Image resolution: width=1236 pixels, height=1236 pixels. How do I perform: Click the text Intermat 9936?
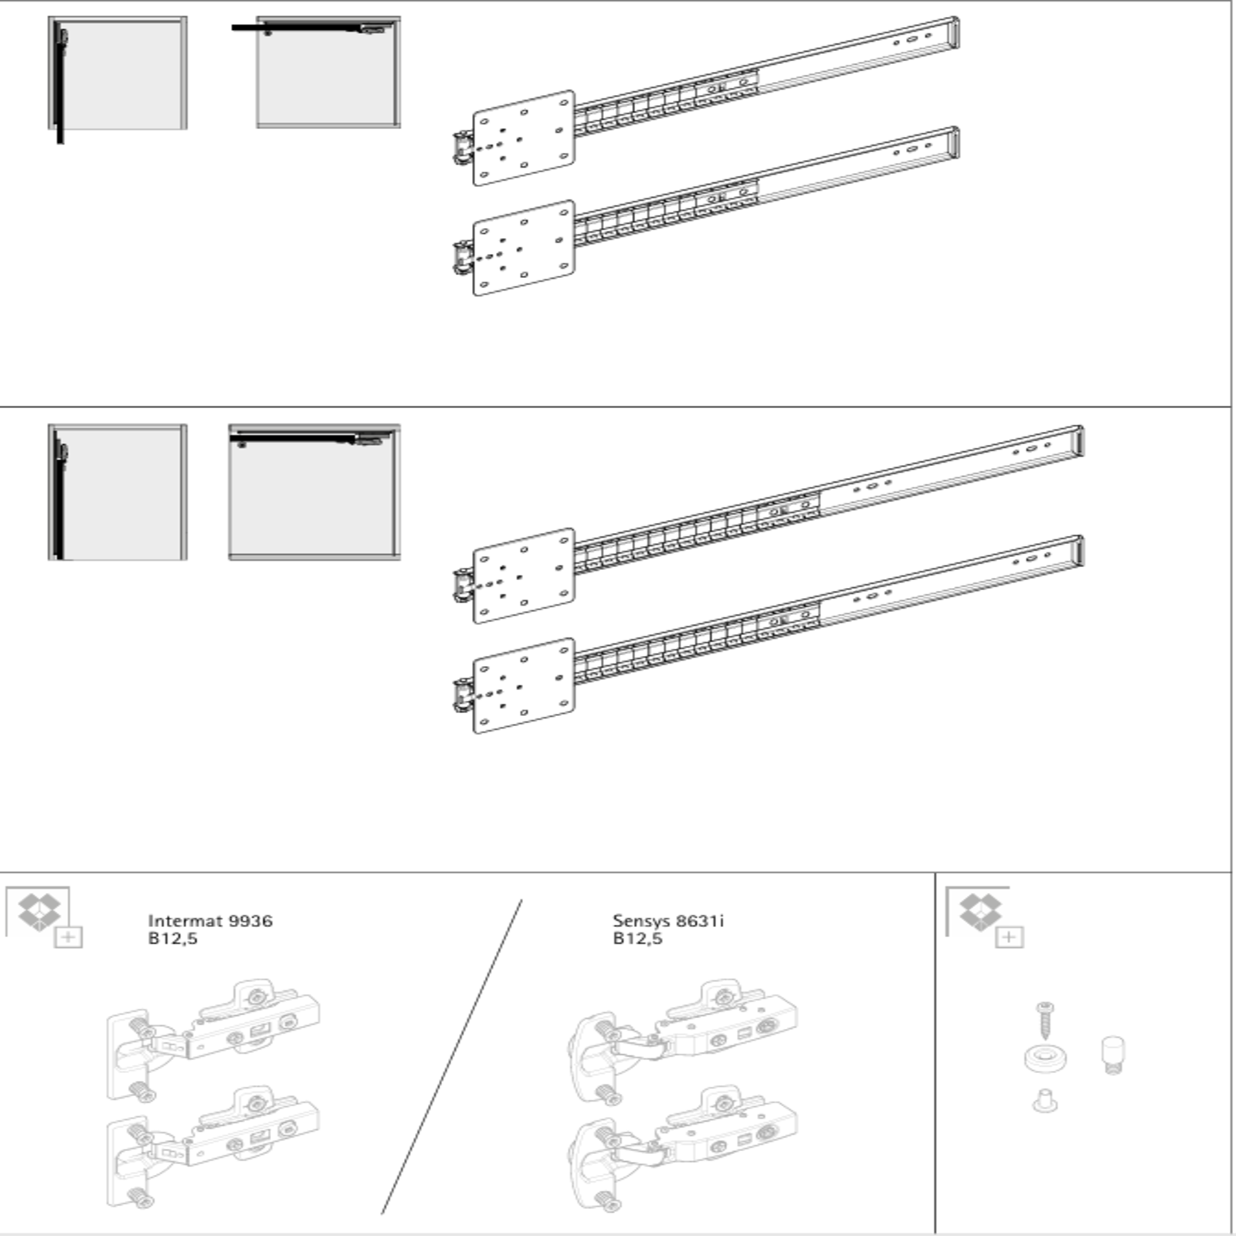[209, 920]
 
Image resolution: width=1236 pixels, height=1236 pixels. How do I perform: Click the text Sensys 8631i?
[667, 920]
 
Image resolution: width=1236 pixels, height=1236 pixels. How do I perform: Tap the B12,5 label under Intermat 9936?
[172, 939]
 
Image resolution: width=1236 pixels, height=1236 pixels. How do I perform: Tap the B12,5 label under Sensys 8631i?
[637, 939]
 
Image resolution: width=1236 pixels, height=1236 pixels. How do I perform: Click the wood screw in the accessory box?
[1045, 1020]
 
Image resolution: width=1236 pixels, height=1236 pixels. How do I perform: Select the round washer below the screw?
[1045, 1058]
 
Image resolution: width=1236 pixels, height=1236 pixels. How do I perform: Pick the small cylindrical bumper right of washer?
[1112, 1054]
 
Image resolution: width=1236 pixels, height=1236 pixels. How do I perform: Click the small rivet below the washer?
[1044, 1101]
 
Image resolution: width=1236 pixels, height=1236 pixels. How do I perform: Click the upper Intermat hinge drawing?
[212, 1039]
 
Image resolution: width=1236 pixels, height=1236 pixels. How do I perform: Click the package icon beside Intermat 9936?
[39, 912]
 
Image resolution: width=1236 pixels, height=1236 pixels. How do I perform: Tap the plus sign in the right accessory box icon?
[1009, 937]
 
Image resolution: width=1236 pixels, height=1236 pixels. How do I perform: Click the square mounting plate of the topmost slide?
[524, 138]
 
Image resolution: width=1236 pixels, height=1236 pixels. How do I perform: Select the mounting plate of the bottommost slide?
[524, 685]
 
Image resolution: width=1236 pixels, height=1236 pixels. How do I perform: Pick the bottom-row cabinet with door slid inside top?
[314, 491]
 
